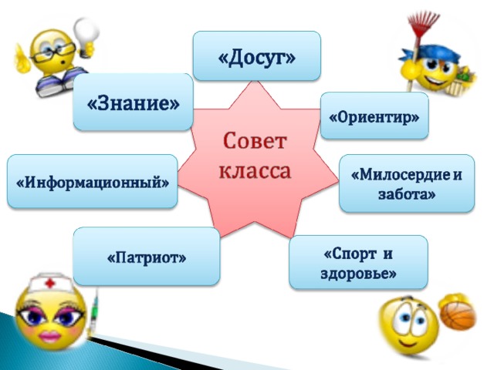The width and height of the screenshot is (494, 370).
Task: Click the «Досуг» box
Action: [257, 56]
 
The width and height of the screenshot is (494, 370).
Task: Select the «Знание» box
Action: [133, 102]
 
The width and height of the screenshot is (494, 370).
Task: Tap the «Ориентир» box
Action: [374, 116]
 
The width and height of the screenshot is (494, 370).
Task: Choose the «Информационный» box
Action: [93, 181]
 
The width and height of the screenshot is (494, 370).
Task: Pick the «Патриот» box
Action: [147, 256]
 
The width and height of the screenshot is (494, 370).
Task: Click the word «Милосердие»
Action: [401, 174]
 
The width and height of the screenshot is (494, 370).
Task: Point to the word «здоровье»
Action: [358, 273]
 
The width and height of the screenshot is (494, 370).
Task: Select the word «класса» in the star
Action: [255, 171]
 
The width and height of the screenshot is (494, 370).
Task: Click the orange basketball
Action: [458, 315]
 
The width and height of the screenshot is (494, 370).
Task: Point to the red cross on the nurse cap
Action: [49, 284]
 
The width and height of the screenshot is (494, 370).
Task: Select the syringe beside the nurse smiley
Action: [94, 312]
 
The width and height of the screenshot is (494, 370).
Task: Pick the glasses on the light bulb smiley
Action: [53, 52]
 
